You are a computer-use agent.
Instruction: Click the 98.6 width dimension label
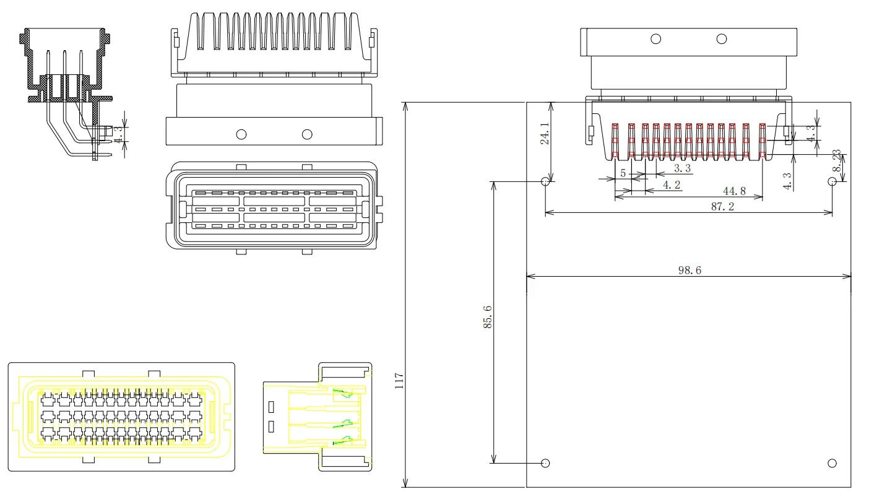click(x=689, y=270)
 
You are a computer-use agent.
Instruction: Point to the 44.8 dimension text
click(x=734, y=191)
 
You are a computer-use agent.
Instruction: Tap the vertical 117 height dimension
click(x=399, y=379)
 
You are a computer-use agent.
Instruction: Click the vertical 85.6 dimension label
click(x=488, y=317)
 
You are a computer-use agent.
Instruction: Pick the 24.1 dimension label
click(x=545, y=134)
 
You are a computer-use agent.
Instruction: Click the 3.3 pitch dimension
click(x=682, y=168)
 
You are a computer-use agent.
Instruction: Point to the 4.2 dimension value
click(x=672, y=184)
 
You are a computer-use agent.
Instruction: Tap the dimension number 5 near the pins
click(x=623, y=173)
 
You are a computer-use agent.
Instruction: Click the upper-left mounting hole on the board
click(x=546, y=181)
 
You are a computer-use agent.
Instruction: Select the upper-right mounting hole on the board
click(x=832, y=181)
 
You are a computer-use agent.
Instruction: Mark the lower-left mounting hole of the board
click(x=546, y=463)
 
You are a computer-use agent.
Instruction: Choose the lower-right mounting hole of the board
click(x=832, y=463)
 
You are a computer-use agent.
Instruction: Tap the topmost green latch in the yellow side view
click(x=340, y=394)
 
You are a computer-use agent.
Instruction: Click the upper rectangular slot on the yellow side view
click(x=272, y=407)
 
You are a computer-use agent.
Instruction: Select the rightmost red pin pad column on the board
click(x=763, y=141)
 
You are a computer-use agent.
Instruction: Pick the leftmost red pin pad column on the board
click(x=615, y=141)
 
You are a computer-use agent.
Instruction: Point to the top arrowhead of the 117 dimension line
click(x=406, y=105)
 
